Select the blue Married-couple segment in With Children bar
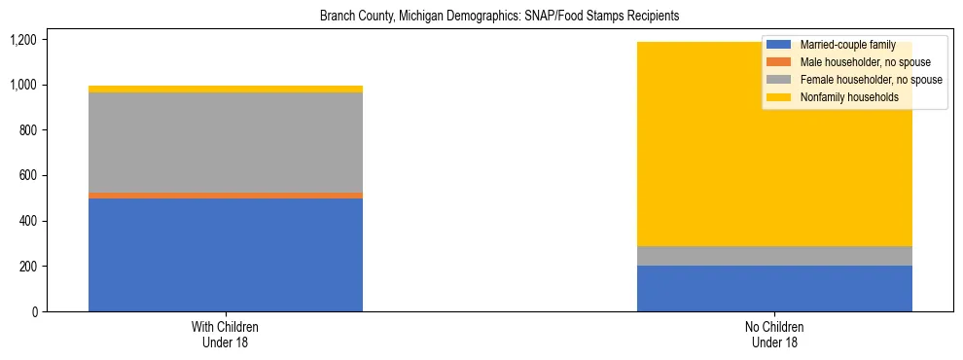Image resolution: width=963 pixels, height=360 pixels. click(x=226, y=255)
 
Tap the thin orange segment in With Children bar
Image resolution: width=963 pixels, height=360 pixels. click(x=226, y=196)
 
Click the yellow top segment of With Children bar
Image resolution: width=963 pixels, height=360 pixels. click(x=226, y=89)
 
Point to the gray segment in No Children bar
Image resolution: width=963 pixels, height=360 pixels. click(x=774, y=256)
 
